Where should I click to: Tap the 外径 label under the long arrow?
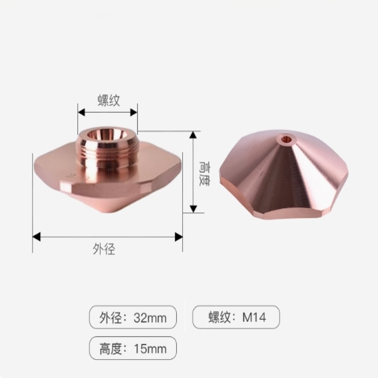click(x=104, y=249)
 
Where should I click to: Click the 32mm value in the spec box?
click(x=150, y=318)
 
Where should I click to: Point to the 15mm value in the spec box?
click(x=150, y=349)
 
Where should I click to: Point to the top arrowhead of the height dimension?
click(x=193, y=135)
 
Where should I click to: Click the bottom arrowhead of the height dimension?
click(x=193, y=209)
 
